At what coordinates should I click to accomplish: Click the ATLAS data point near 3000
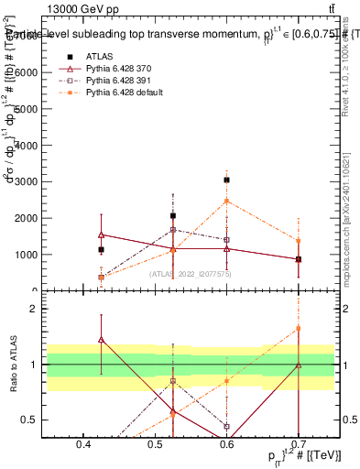click(226, 180)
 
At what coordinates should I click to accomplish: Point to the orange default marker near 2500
click(226, 201)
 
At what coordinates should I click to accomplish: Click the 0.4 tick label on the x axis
click(83, 446)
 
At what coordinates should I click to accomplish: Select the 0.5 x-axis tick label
click(155, 446)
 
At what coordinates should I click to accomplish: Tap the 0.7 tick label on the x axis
click(298, 446)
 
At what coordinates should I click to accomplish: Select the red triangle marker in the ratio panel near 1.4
click(102, 340)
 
